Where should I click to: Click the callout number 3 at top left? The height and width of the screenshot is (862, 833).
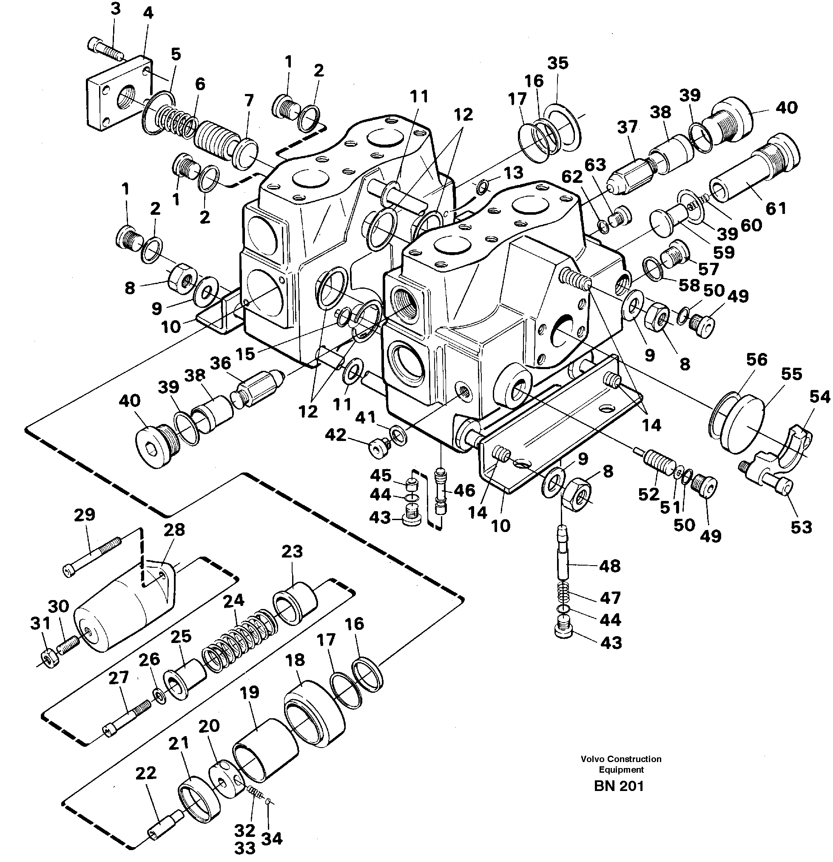coord(115,10)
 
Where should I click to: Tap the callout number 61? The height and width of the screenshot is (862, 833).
coord(776,208)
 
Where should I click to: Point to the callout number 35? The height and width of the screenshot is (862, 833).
coord(558,63)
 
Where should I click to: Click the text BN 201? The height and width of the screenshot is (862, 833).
coord(619,786)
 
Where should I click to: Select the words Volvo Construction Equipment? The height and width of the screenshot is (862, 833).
coord(620,764)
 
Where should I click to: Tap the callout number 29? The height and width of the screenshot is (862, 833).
coord(85,514)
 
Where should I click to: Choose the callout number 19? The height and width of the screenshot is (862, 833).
coord(250,692)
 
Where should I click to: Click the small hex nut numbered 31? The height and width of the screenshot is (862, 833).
coord(48,658)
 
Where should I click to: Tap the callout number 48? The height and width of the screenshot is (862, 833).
coord(610,566)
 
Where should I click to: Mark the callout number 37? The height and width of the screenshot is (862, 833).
coord(627,127)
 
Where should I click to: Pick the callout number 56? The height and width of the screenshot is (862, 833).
coord(756,359)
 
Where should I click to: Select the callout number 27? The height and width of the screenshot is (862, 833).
coord(119,677)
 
